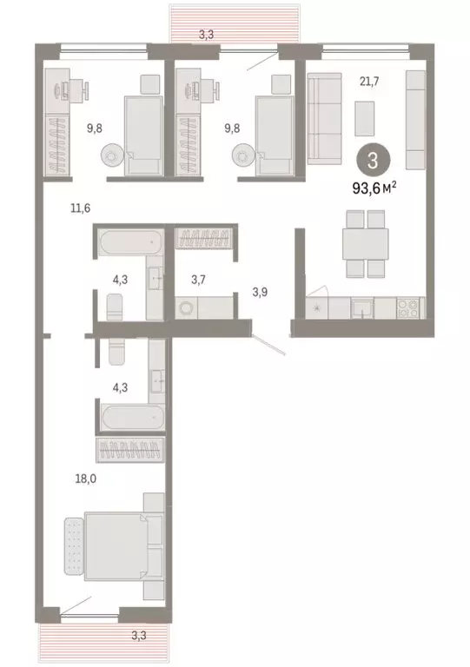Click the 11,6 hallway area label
click(x=82, y=208)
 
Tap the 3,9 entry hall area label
click(x=259, y=292)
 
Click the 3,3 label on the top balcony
click(x=205, y=36)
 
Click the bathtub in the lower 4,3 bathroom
click(x=130, y=418)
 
